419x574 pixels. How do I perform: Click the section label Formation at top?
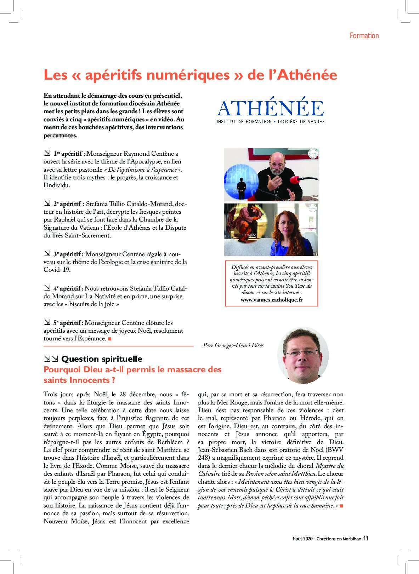pyautogui.click(x=364, y=36)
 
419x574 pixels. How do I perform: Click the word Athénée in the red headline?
pyautogui.click(x=307, y=75)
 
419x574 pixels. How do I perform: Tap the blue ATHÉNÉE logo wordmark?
pyautogui.click(x=271, y=108)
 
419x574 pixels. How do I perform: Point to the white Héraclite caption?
pyautogui.click(x=249, y=235)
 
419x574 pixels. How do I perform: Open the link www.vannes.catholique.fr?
pyautogui.click(x=271, y=300)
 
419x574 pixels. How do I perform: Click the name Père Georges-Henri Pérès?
pyautogui.click(x=233, y=345)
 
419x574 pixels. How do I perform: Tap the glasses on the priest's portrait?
pyautogui.click(x=302, y=353)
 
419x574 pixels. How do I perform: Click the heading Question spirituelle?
pyautogui.click(x=102, y=359)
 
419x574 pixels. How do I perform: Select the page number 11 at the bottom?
pyautogui.click(x=366, y=538)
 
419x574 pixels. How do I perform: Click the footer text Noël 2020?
pyautogui.click(x=302, y=539)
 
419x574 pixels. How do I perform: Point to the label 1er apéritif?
pyautogui.click(x=68, y=154)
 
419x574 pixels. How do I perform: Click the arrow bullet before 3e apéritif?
pyautogui.click(x=47, y=254)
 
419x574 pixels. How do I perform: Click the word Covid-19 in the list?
pyautogui.click(x=57, y=270)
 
